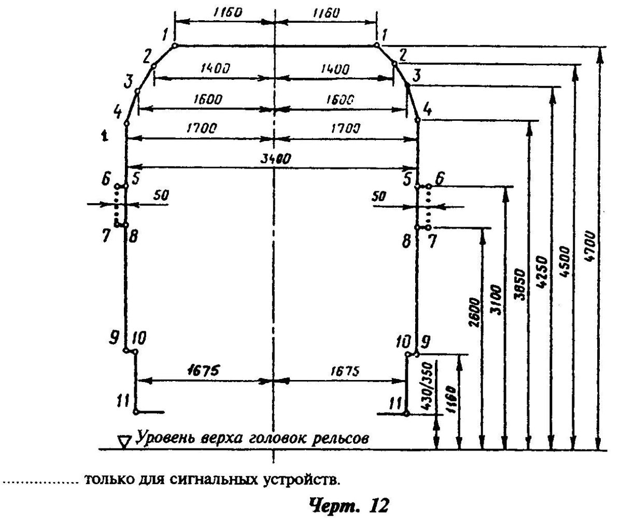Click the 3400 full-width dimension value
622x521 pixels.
pos(275,159)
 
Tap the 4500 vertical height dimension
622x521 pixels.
pos(564,261)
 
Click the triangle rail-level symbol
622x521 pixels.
pos(124,442)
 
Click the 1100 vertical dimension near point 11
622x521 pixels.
pos(451,400)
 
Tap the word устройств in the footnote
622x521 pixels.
pos(301,480)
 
